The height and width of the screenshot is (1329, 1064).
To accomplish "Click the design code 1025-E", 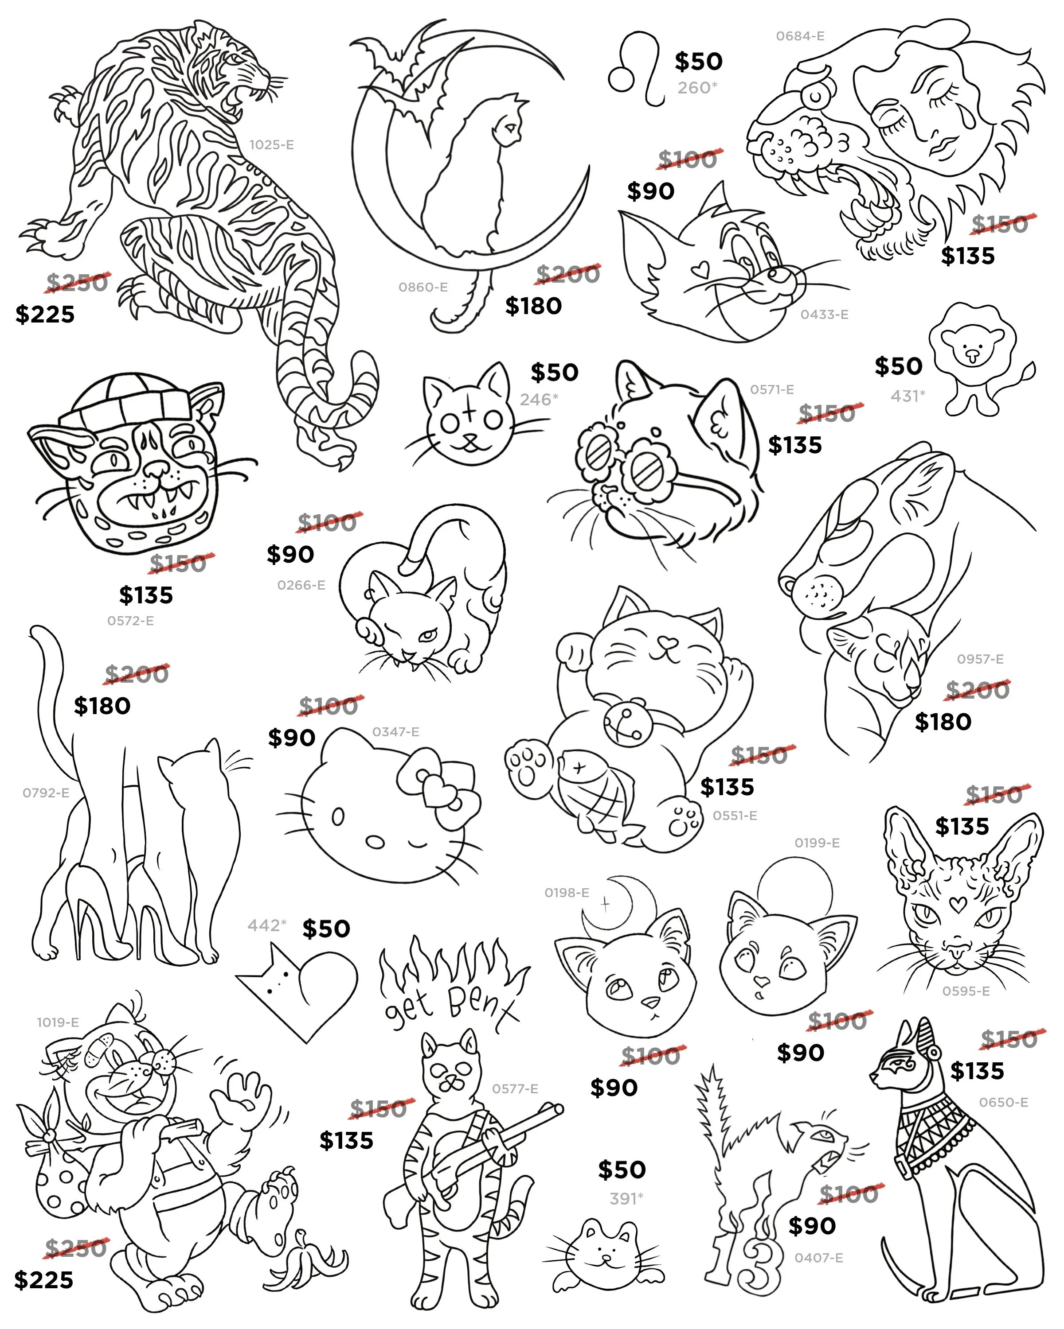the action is (x=271, y=145).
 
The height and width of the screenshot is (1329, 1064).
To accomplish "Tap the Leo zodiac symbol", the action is (x=635, y=69).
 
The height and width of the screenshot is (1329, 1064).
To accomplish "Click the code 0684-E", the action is (x=800, y=36).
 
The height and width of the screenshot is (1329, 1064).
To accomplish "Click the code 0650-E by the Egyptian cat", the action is (x=1004, y=1102).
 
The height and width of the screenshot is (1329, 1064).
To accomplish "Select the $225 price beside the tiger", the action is (x=45, y=315).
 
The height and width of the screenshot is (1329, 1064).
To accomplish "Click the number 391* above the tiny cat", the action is (x=626, y=1198).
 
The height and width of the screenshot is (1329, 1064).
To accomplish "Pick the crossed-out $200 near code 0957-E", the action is (x=978, y=689).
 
